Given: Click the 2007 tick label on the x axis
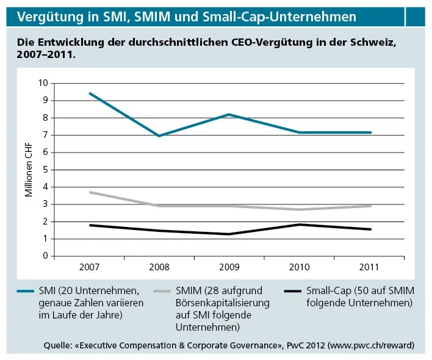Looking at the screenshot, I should tap(90, 267).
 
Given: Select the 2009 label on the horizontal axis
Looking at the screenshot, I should tap(229, 267).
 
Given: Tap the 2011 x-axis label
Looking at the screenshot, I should tap(369, 267).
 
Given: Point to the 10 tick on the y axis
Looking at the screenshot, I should tap(43, 83).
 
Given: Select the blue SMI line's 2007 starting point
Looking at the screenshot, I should tap(90, 93).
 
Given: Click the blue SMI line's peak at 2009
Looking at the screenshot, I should tap(229, 115).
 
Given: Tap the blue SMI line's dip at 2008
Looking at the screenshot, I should tap(159, 135).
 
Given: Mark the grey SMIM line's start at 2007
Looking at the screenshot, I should tap(90, 192).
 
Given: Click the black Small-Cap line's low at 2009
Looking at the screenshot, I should tap(229, 234).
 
